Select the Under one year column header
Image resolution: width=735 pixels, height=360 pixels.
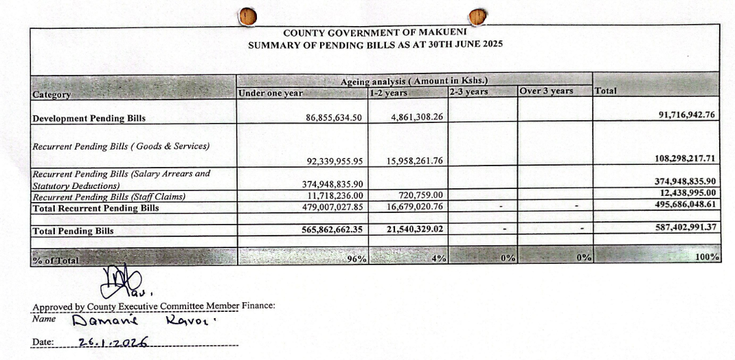pos(270,93)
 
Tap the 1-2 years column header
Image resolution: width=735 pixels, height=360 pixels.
pos(389,93)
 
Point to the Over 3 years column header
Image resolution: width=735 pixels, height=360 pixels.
pos(546,91)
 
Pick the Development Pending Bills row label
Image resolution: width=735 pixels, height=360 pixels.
pos(89,118)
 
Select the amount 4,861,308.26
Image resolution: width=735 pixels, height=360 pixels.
pos(417,117)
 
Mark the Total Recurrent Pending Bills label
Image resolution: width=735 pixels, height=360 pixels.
pos(95,207)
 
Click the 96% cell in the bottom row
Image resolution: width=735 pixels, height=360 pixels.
pos(357,258)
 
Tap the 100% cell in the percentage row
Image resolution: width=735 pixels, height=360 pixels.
pos(708,257)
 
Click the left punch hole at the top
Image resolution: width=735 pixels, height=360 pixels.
pos(247,16)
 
